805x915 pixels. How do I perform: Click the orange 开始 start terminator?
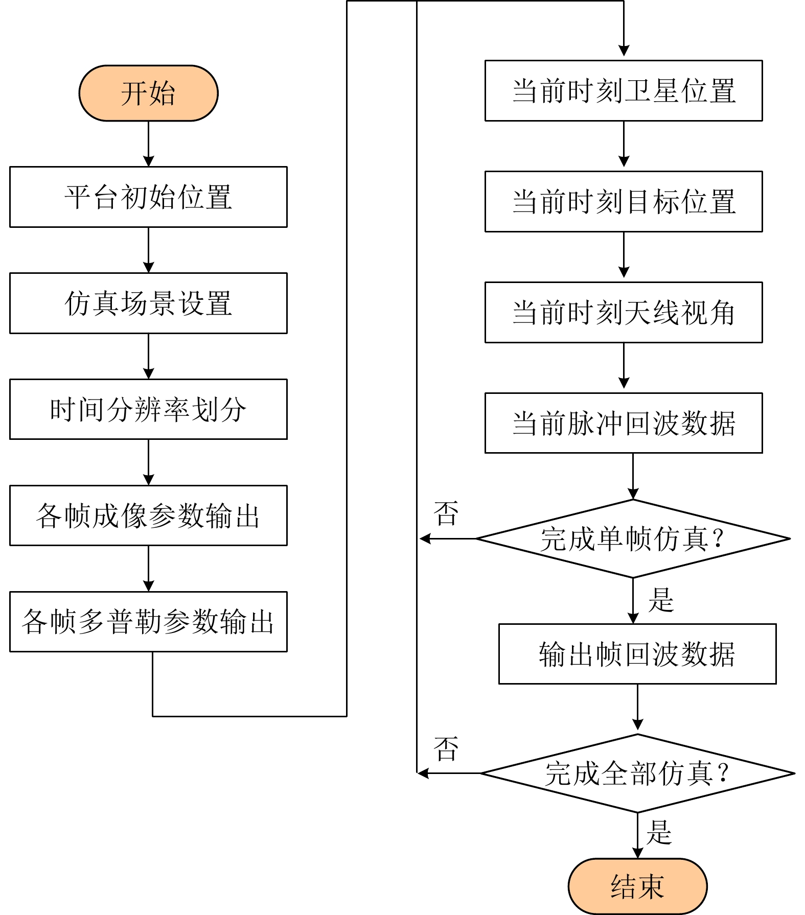click(148, 93)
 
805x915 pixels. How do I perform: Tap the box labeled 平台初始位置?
click(148, 197)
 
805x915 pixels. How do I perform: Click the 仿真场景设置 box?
click(148, 303)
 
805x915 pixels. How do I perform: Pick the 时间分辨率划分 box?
click(148, 409)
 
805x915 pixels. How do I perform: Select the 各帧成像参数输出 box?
click(148, 515)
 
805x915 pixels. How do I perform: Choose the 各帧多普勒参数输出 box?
click(148, 622)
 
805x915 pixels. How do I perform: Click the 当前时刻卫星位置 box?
click(624, 90)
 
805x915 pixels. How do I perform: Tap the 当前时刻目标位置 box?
click(624, 201)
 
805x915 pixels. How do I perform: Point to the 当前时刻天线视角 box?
click(624, 312)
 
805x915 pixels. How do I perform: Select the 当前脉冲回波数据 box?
click(624, 423)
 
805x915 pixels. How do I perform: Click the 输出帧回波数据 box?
click(637, 654)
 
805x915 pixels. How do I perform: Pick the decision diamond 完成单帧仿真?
click(633, 538)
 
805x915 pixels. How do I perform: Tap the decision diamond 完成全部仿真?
click(637, 773)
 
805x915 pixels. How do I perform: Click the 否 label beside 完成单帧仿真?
click(446, 513)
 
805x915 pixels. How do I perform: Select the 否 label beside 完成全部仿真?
click(446, 749)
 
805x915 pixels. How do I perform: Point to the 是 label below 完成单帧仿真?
click(661, 600)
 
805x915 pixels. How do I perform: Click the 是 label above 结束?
click(659, 833)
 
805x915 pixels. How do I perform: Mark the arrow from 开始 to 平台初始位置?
click(148, 144)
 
